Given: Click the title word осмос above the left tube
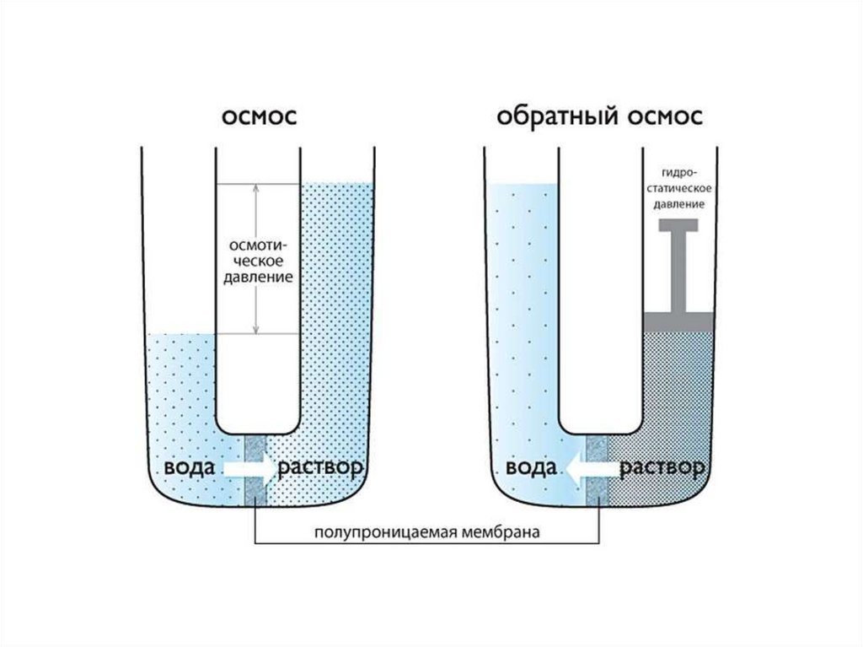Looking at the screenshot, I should pyautogui.click(x=259, y=117).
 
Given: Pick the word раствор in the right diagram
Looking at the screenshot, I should pyautogui.click(x=663, y=467).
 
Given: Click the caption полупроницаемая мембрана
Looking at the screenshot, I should pyautogui.click(x=426, y=532).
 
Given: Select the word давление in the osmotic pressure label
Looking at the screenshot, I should pyautogui.click(x=259, y=276).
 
